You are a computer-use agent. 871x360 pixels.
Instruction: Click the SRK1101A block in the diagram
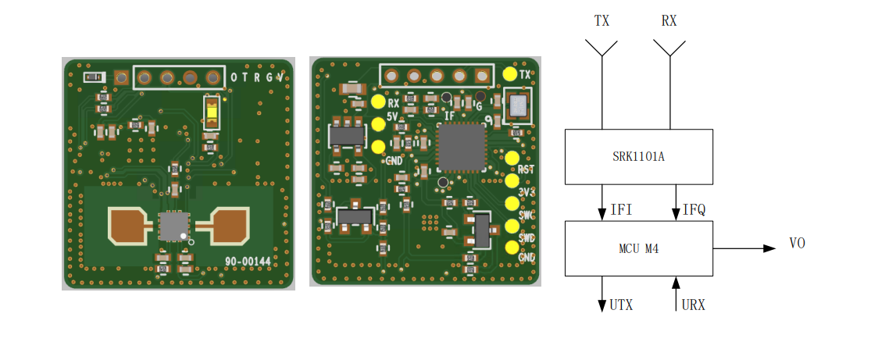(638, 156)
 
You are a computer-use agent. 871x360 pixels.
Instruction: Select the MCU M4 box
(638, 248)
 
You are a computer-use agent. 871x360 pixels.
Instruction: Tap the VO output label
(797, 244)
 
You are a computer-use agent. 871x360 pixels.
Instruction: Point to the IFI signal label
(621, 210)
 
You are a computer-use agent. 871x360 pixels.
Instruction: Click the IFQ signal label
(694, 210)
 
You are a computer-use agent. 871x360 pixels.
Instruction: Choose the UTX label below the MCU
(621, 305)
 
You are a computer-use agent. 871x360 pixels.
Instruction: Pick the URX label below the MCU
(693, 305)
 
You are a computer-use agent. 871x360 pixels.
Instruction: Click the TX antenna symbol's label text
(601, 22)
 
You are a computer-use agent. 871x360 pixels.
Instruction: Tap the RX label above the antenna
(669, 22)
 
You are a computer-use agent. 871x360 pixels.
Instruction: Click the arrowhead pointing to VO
(769, 248)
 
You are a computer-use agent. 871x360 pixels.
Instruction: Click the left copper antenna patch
(127, 225)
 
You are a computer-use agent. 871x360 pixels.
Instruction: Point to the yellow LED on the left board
(211, 112)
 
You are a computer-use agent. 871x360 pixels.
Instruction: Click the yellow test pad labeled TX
(511, 74)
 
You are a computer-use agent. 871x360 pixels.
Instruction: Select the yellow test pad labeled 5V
(380, 123)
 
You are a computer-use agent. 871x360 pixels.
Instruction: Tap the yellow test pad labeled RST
(512, 159)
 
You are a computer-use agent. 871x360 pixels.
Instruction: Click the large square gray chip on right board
(461, 147)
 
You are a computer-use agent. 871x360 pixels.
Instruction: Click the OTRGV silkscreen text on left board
(256, 77)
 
